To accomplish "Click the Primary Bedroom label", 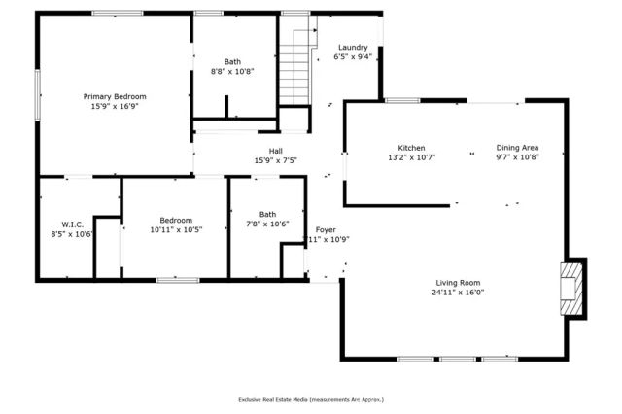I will pos(115,96).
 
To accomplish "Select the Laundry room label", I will pos(352,48).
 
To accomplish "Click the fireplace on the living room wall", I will pos(574,289).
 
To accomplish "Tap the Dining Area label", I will pos(517,148).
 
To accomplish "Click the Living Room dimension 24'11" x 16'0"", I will pos(459,292).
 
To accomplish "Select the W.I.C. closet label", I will pos(73,224).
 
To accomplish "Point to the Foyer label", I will pos(326,229).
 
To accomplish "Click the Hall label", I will pos(275,151).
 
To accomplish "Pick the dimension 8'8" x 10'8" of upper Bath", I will pos(232,71).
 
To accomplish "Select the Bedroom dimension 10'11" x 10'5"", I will pos(177,230).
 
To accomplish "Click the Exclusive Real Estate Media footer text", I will pos(311,399).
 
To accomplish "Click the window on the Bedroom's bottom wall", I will pos(171,280).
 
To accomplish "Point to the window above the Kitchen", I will pos(402,100).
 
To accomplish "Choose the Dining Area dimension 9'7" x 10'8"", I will pos(517,156).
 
